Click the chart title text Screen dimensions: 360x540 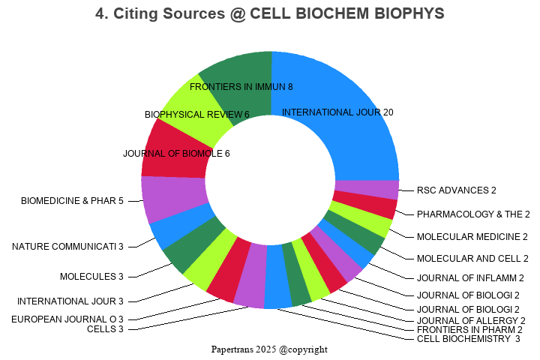pos(270,13)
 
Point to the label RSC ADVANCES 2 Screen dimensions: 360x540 pos(457,190)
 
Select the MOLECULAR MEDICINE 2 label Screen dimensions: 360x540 pos(472,236)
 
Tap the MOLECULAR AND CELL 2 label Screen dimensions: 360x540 pos(472,259)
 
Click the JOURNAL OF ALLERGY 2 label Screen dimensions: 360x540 pos(471,320)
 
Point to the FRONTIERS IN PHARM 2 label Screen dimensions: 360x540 pos(469,329)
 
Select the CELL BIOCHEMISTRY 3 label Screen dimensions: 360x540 pos(468,339)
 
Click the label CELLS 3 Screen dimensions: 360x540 pos(105,328)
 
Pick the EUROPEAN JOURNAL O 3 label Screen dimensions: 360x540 pos(67,319)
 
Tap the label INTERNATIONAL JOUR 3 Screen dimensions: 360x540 pos(70,301)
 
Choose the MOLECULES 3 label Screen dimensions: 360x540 pos(91,277)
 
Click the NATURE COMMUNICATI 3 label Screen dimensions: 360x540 pos(67,246)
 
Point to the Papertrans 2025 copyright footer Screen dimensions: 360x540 pos(269,349)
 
